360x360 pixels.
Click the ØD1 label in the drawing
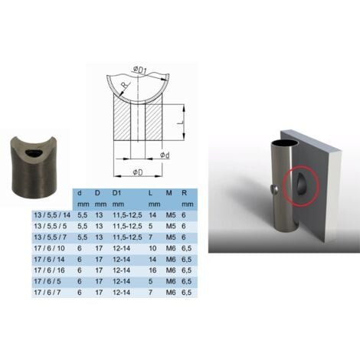pyautogui.click(x=140, y=71)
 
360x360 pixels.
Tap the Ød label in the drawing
pyautogui.click(x=165, y=155)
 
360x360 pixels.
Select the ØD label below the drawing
pyautogui.click(x=139, y=171)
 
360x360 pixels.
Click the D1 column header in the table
pyautogui.click(x=116, y=193)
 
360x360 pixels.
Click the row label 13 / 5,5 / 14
pyautogui.click(x=49, y=216)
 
